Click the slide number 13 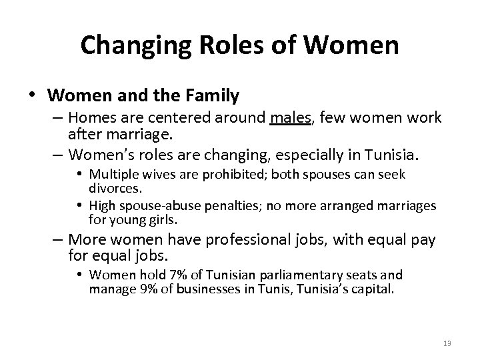447,343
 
